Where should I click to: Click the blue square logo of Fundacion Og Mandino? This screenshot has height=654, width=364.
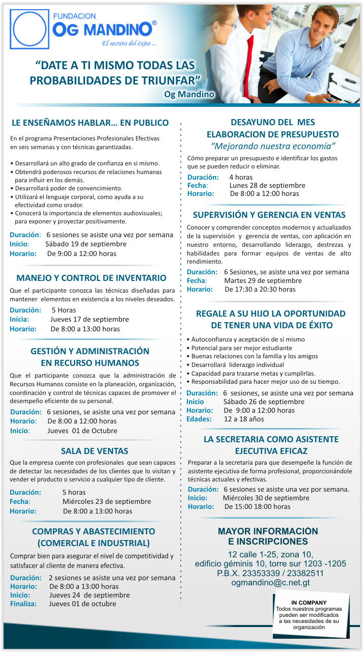coord(30,29)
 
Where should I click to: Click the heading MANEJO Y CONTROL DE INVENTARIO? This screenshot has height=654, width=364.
coord(91,278)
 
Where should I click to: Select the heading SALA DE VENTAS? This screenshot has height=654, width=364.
coord(95,451)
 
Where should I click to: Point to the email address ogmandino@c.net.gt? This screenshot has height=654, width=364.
coord(270,583)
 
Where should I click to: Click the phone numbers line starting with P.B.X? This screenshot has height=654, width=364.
coord(270,573)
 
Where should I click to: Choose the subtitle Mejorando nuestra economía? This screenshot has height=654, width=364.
coord(273,146)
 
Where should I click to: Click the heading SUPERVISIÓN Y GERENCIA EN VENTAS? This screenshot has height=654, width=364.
coord(269,215)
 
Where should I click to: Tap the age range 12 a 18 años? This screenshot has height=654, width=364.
coord(244,419)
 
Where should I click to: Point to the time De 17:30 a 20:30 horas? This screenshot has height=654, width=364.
coord(260,289)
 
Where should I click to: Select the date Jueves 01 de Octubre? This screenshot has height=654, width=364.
coord(82,431)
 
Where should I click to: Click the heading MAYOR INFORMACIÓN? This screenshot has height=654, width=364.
coord(268,531)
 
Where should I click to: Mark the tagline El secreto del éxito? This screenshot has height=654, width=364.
coord(129,43)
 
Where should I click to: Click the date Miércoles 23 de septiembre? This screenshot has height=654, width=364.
coord(106,501)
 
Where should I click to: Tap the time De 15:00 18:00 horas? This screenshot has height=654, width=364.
coord(257,506)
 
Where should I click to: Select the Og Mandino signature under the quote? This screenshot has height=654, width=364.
coord(189,94)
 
